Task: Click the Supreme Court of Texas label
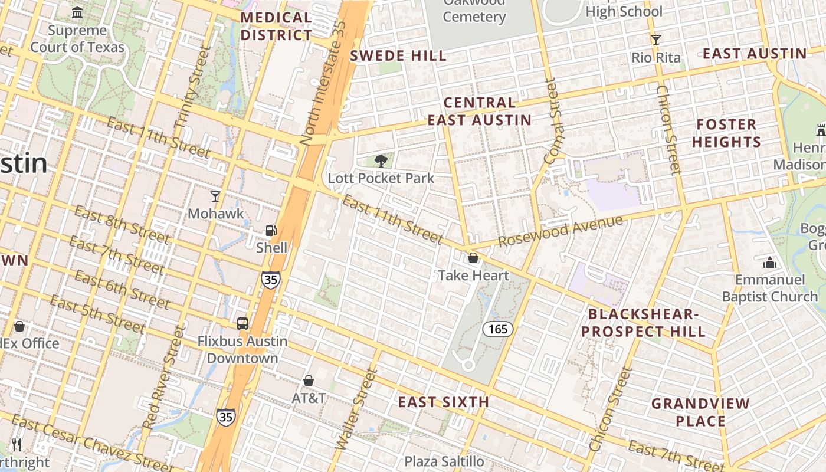coord(77,38)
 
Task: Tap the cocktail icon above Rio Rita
coord(655,40)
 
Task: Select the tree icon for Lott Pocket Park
coord(381,161)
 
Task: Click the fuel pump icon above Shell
coord(271,231)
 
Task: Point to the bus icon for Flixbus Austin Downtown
coord(242,324)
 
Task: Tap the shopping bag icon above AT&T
coord(308,381)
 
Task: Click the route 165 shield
coord(498,329)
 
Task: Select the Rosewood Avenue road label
coord(560,231)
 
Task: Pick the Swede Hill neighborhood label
coord(398,56)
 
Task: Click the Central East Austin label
coord(479,112)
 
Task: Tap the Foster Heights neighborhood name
coord(726,133)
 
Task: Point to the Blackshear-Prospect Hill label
coord(643,323)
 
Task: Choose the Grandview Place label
coord(700,412)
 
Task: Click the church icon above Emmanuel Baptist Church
coord(769,263)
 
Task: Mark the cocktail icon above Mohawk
coord(215,196)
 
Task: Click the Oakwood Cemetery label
coord(474,9)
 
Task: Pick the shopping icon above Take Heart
coord(473,258)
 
